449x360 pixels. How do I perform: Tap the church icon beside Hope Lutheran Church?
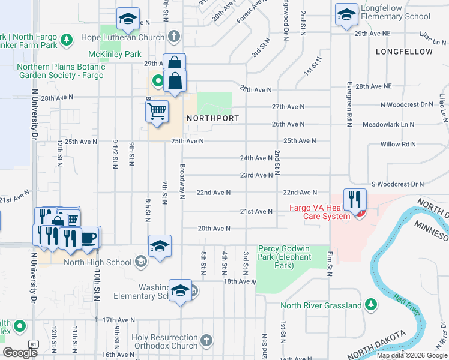[174, 37]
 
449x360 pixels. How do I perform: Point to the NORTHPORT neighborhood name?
[213, 118]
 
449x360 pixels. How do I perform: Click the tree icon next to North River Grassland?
[371, 305]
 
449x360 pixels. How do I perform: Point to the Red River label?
[406, 305]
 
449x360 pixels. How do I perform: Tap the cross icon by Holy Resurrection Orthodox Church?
[206, 341]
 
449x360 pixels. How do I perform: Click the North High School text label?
[97, 262]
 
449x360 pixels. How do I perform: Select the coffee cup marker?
[88, 237]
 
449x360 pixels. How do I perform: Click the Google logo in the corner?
[20, 353]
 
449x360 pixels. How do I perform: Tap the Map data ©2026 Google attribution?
[412, 355]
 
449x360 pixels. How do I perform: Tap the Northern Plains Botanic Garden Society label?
[61, 71]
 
